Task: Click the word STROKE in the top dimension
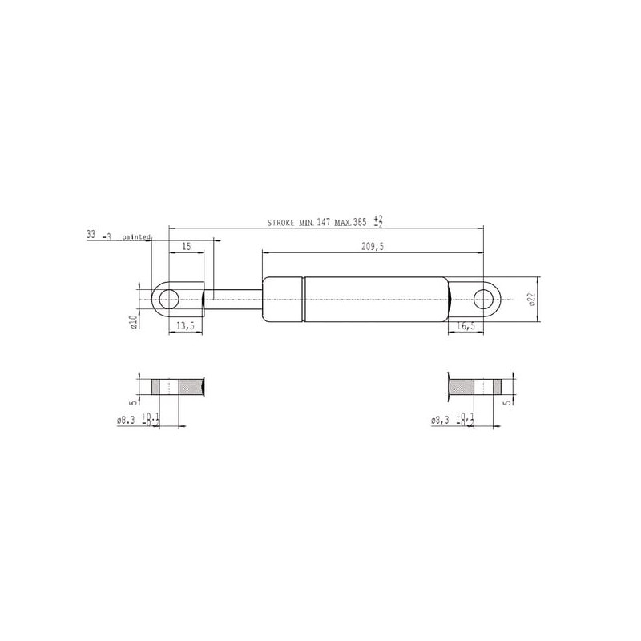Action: click(280, 223)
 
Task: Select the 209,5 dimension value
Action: click(373, 247)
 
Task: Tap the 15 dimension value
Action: click(187, 247)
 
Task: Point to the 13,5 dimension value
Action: click(185, 326)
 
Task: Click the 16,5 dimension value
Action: click(466, 326)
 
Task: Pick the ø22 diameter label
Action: click(532, 299)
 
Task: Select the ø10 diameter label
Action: click(133, 322)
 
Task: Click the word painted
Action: click(136, 236)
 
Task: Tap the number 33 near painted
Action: click(91, 234)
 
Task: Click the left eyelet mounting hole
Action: click(169, 300)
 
